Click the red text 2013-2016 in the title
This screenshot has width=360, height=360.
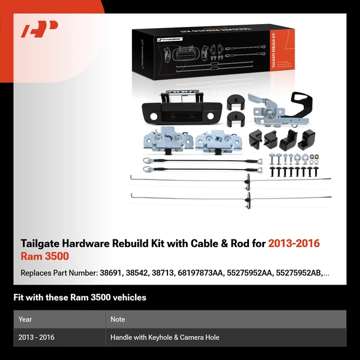[x=294, y=244]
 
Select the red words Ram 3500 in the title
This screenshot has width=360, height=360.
[x=45, y=256]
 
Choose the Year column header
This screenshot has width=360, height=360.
[x=25, y=319]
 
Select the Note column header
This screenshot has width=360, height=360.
[x=118, y=319]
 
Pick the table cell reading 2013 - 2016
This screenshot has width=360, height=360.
[x=37, y=337]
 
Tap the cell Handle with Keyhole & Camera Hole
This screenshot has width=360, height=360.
[x=164, y=337]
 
